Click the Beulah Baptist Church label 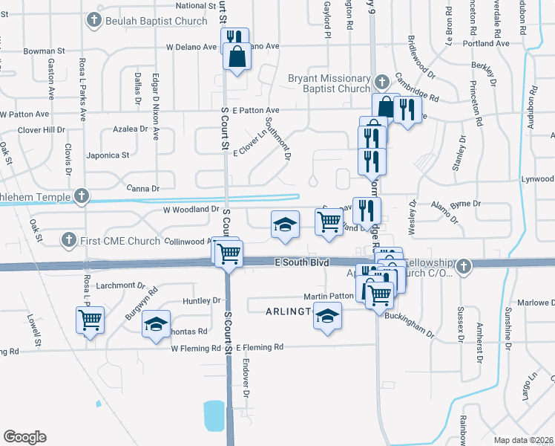[x=157, y=21]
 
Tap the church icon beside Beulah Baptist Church [x=94, y=21]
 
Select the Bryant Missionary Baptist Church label [x=329, y=83]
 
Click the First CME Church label [x=119, y=240]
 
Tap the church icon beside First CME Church [x=68, y=240]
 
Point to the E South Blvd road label [x=301, y=262]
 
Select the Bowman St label [x=45, y=51]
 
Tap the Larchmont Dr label [x=120, y=285]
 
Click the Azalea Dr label [x=131, y=129]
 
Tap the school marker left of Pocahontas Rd [x=156, y=325]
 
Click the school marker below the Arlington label [x=326, y=317]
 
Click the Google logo [x=24, y=437]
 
